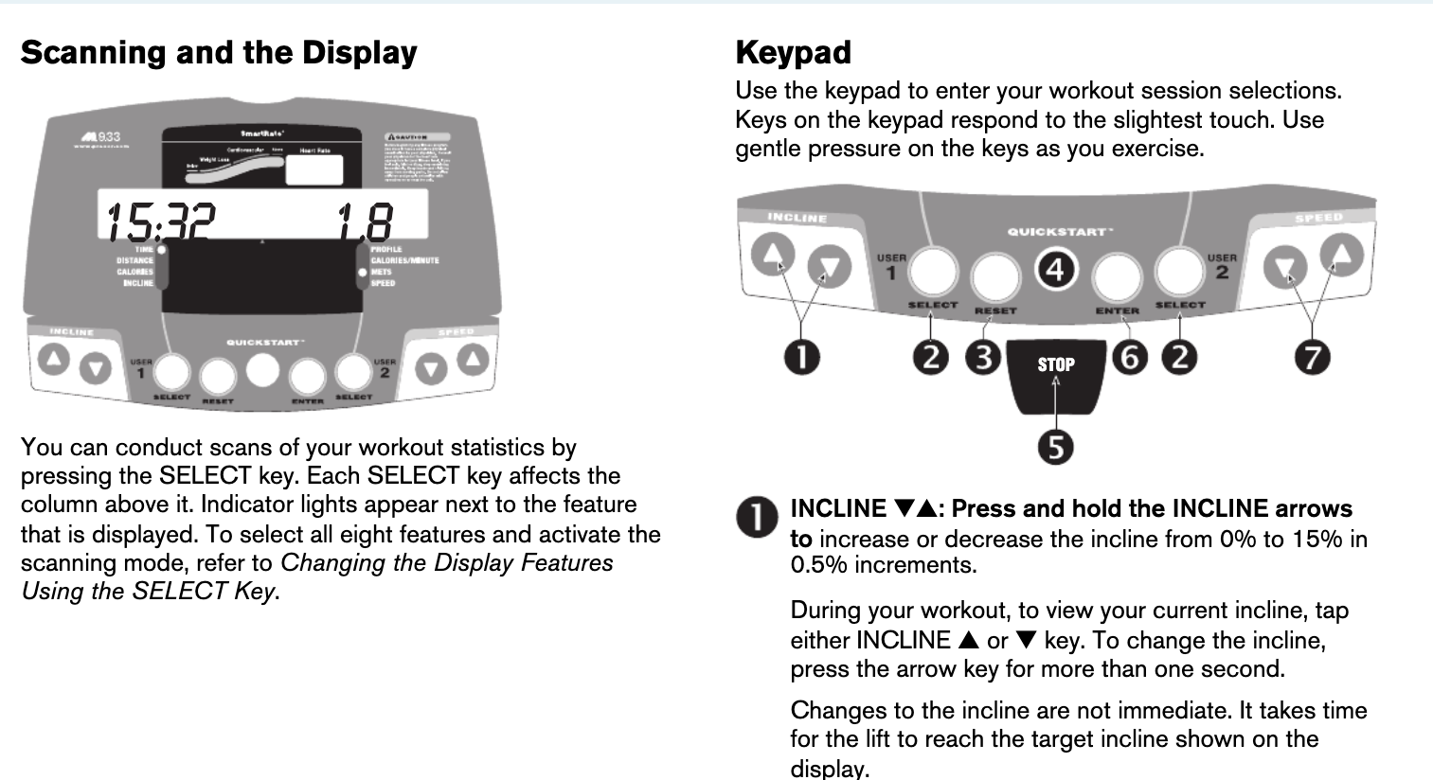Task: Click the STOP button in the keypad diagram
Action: click(x=1056, y=365)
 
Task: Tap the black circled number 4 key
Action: click(x=1055, y=270)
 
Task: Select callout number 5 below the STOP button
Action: click(x=1056, y=447)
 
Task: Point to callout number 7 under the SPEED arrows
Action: click(x=1313, y=357)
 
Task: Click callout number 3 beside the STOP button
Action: click(x=984, y=357)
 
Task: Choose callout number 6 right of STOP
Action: click(x=1129, y=357)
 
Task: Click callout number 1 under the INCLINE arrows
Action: click(x=802, y=357)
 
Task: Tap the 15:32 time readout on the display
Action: click(x=160, y=223)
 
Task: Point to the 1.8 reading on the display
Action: click(x=366, y=223)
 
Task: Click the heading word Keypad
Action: click(x=793, y=52)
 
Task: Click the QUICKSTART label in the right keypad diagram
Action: click(x=1058, y=232)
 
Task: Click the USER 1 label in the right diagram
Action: click(x=891, y=265)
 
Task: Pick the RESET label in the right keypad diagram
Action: click(x=994, y=310)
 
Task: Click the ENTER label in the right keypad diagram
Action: click(x=1118, y=310)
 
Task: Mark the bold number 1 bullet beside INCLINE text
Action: click(x=757, y=517)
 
